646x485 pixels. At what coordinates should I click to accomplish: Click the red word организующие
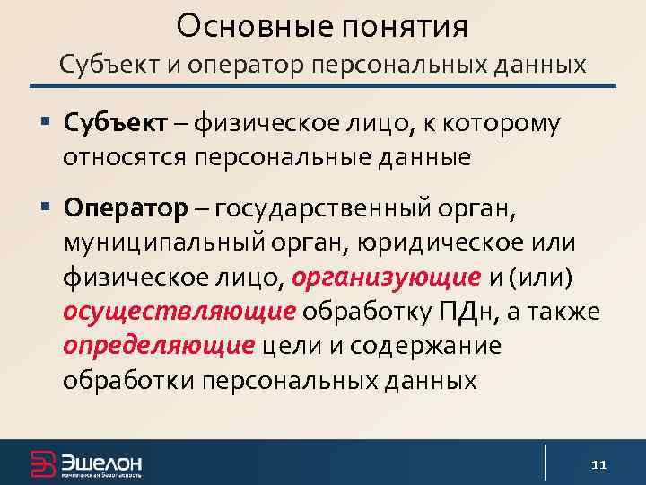coord(387,278)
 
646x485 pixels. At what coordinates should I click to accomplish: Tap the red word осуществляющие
coord(179,312)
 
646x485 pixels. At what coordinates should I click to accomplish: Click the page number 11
coord(599,464)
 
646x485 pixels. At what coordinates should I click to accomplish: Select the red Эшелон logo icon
coord(42,463)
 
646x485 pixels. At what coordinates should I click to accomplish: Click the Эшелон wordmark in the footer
coord(101,461)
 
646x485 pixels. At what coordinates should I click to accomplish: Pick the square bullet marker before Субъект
coord(45,121)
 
